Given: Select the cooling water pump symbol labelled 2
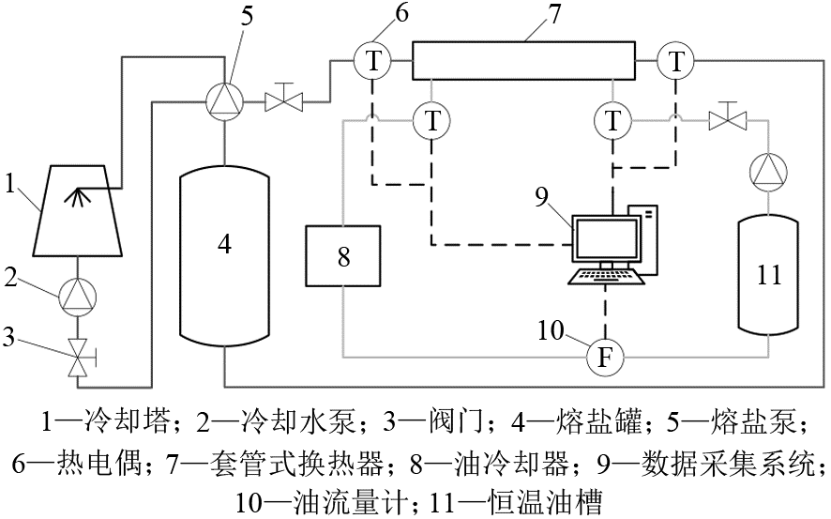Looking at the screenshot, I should tap(77, 297).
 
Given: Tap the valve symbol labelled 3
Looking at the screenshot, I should tap(78, 358).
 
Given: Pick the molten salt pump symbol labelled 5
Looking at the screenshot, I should tap(225, 99).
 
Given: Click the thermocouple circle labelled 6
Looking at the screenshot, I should tap(373, 62).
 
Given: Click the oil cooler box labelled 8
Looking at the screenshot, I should tap(343, 256).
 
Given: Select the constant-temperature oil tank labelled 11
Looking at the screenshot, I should tap(768, 274).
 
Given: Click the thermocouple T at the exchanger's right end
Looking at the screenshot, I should tap(675, 62).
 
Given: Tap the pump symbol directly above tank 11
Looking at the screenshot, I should tap(768, 172).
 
